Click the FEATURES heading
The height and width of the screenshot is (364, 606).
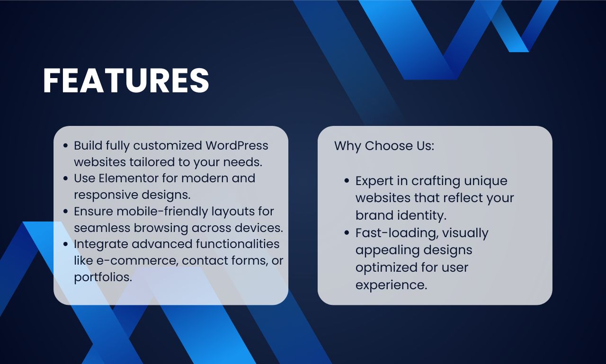(126, 80)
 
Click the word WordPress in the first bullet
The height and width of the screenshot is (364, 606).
(237, 145)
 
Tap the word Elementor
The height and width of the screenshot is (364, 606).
(128, 178)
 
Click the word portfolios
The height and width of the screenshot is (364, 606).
(103, 277)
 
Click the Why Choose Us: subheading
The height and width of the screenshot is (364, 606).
(384, 146)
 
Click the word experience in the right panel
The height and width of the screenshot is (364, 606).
(391, 285)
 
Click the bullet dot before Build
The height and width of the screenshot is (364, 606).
(65, 146)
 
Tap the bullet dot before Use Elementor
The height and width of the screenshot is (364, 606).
(65, 178)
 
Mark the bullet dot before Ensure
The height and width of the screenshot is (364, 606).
(65, 211)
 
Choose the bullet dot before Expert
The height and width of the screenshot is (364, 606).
(347, 181)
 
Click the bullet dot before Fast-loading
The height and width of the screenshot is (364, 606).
(347, 233)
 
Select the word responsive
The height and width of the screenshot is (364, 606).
(106, 195)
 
